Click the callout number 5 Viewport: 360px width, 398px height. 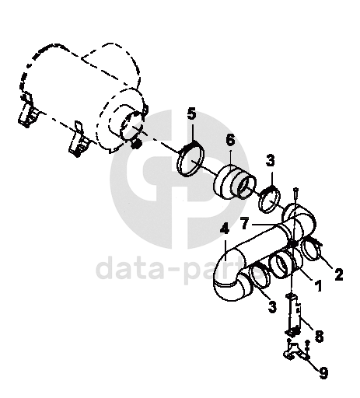click(192, 114)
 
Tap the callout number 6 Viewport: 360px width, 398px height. click(230, 140)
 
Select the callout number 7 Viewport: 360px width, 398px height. click(245, 223)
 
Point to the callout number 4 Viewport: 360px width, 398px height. click(225, 229)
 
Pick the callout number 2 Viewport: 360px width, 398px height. click(338, 274)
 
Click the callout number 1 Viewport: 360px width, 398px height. click(318, 285)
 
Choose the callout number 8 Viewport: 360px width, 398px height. click(319, 337)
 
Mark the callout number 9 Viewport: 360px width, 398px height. click(323, 373)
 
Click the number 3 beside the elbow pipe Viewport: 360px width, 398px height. click(272, 307)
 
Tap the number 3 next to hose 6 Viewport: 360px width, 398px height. click(270, 160)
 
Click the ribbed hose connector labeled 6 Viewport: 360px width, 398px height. click(234, 183)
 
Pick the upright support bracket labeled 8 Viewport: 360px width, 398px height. click(292, 315)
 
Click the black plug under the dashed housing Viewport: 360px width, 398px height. click(135, 145)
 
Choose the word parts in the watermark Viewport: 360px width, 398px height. click(221, 270)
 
